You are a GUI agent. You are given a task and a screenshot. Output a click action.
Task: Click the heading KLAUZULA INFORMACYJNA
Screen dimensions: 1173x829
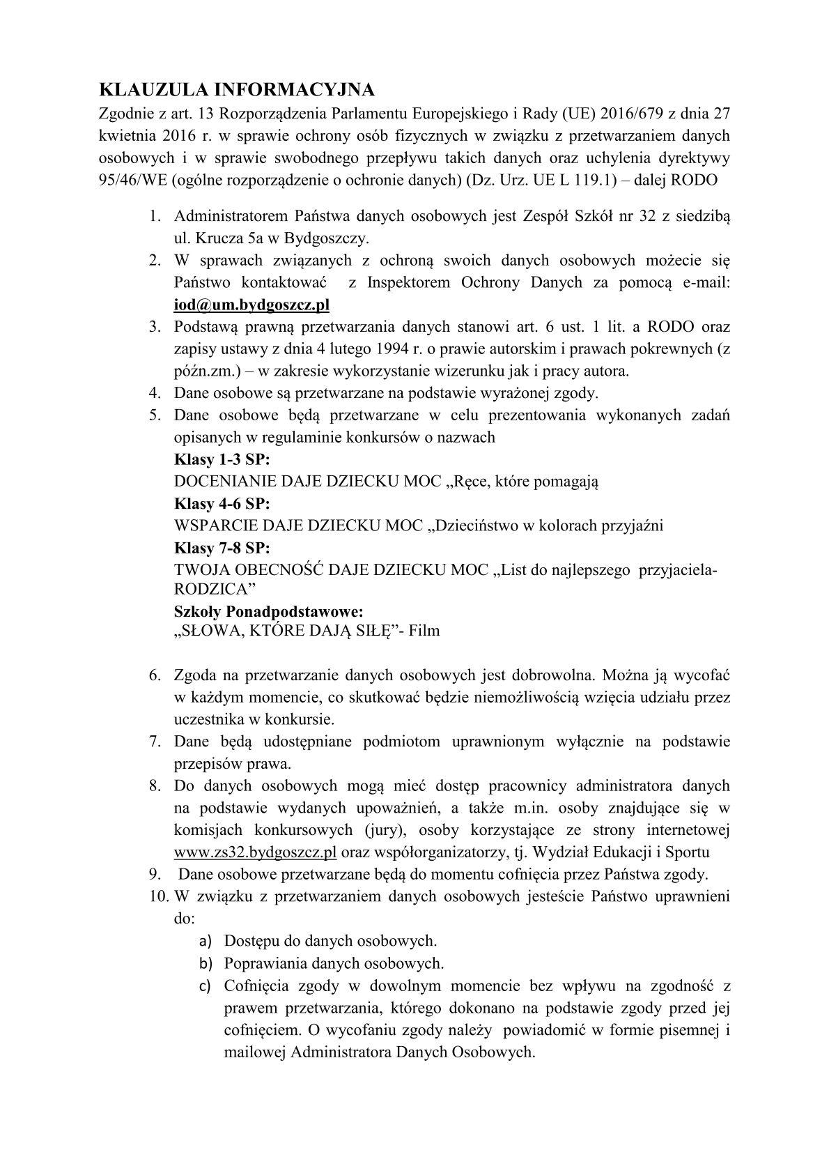[238, 90]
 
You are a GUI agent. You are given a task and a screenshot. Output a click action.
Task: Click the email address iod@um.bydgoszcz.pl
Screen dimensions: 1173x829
[251, 305]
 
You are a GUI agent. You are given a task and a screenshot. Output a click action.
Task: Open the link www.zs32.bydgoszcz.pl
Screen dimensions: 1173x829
[256, 852]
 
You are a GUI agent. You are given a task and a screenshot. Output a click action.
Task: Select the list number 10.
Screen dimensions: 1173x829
[157, 896]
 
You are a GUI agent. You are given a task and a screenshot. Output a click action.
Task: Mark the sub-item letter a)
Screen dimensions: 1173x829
[205, 942]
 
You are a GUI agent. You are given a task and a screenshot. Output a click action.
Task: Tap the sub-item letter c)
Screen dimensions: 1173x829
[205, 986]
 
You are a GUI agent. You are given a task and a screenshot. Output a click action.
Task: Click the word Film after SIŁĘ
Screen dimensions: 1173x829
[424, 631]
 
